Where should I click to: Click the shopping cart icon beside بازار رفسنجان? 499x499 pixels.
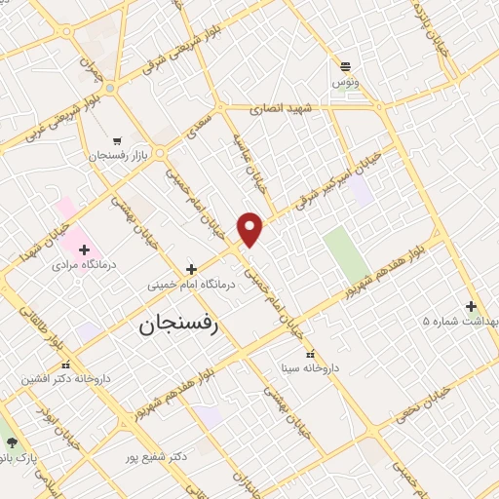(x=117, y=141)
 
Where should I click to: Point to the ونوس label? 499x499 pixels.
(x=346, y=83)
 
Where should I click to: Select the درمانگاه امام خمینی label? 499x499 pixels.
(x=192, y=285)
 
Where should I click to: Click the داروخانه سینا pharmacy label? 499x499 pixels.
(x=310, y=368)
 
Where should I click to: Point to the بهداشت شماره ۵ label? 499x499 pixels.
(x=460, y=321)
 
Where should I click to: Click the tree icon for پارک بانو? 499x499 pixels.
(x=12, y=442)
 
